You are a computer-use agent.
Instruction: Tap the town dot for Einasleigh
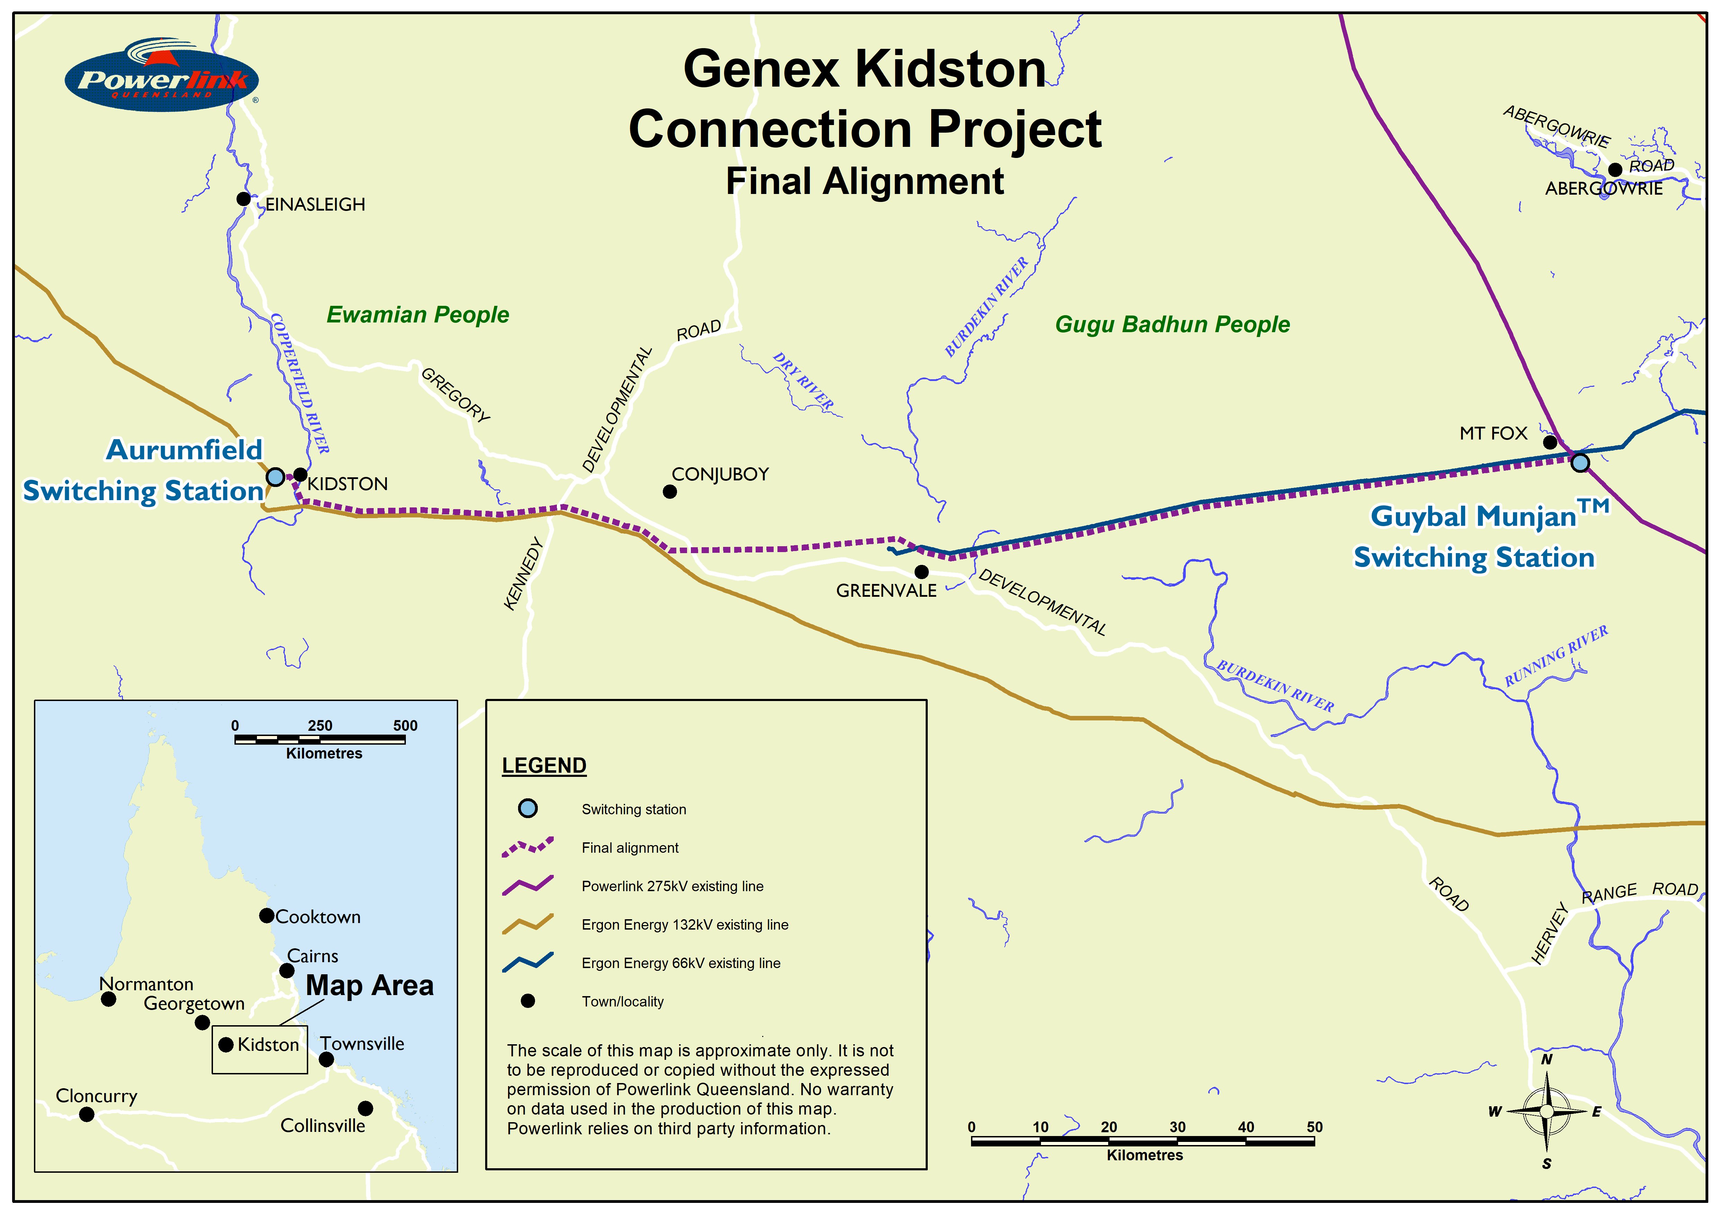click(243, 198)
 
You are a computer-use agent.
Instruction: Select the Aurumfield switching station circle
click(275, 477)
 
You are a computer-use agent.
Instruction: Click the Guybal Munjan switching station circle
click(1579, 462)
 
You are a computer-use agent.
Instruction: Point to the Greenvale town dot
click(922, 571)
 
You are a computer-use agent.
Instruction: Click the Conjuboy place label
click(720, 475)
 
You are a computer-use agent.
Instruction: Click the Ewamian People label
click(418, 314)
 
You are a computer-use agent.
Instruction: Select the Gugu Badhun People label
click(1173, 324)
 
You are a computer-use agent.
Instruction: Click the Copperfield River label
click(299, 383)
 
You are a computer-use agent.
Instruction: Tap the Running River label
click(1556, 656)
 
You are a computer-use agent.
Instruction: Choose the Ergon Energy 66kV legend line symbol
click(527, 962)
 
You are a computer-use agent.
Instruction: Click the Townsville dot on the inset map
click(326, 1059)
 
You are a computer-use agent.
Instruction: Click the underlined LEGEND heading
click(544, 765)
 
